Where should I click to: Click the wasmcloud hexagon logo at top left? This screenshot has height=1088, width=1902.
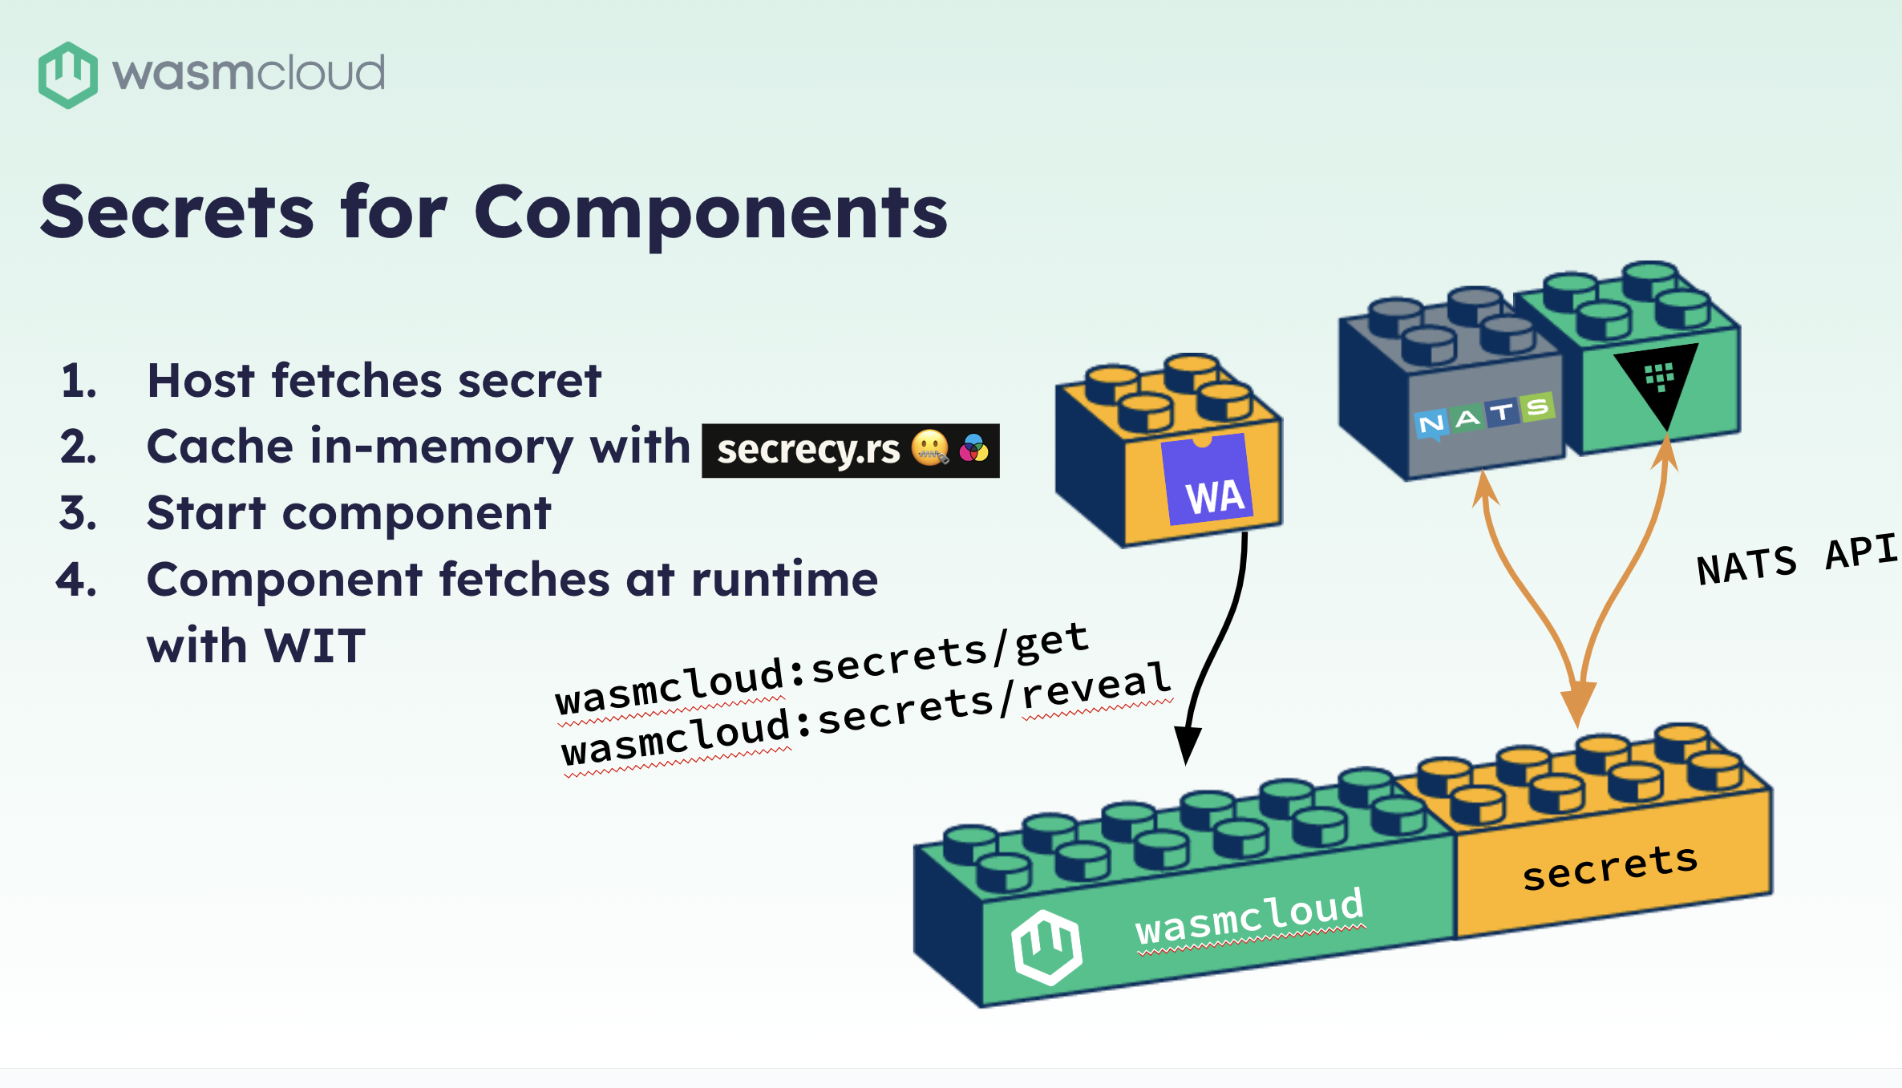pyautogui.click(x=67, y=75)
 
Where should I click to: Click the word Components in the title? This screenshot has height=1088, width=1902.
pyautogui.click(x=710, y=212)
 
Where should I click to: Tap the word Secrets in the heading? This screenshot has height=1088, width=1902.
pyautogui.click(x=176, y=212)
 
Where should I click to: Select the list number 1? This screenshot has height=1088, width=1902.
pyautogui.click(x=79, y=381)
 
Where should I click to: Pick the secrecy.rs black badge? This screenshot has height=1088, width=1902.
pyautogui.click(x=849, y=451)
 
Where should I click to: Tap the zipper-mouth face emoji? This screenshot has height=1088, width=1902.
pyautogui.click(x=930, y=448)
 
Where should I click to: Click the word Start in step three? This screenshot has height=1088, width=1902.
pyautogui.click(x=206, y=513)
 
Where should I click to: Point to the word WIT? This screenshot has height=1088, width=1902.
pyautogui.click(x=314, y=646)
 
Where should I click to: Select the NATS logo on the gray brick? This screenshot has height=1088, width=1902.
pyautogui.click(x=1485, y=415)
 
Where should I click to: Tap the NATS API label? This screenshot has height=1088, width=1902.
pyautogui.click(x=1796, y=560)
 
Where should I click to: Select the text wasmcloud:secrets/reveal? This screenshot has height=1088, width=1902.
pyautogui.click(x=866, y=715)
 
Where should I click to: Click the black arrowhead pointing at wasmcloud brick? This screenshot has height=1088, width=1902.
pyautogui.click(x=1187, y=744)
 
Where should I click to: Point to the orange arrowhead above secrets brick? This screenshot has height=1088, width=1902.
pyautogui.click(x=1578, y=701)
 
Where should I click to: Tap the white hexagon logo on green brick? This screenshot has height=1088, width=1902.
pyautogui.click(x=1046, y=946)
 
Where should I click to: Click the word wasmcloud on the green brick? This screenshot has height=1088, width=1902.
pyautogui.click(x=1249, y=916)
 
